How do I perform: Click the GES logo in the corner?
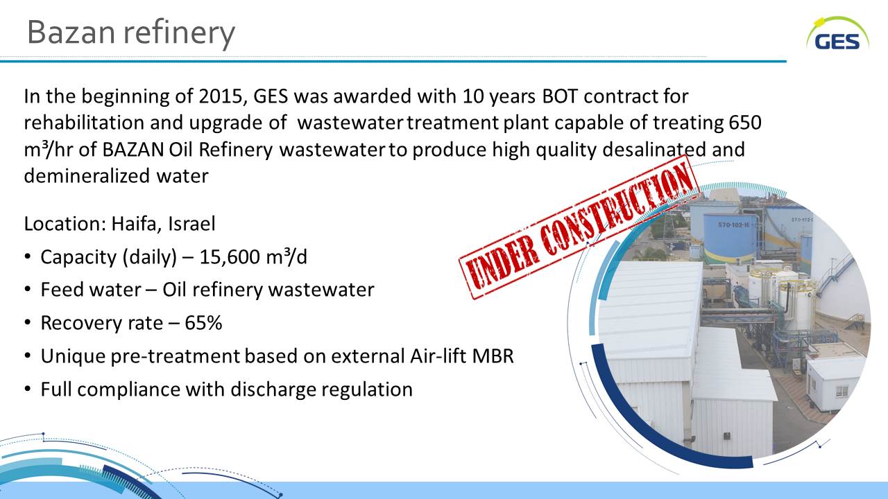[837, 35]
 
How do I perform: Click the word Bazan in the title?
[71, 33]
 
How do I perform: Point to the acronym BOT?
[560, 96]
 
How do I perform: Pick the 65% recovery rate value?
[203, 323]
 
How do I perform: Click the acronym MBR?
[493, 356]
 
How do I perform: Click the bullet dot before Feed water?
[27, 290]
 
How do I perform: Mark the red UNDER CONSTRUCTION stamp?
[579, 227]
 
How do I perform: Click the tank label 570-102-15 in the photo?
[734, 225]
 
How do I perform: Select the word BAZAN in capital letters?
[133, 149]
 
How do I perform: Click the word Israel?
[192, 224]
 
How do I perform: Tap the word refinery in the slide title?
[180, 33]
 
